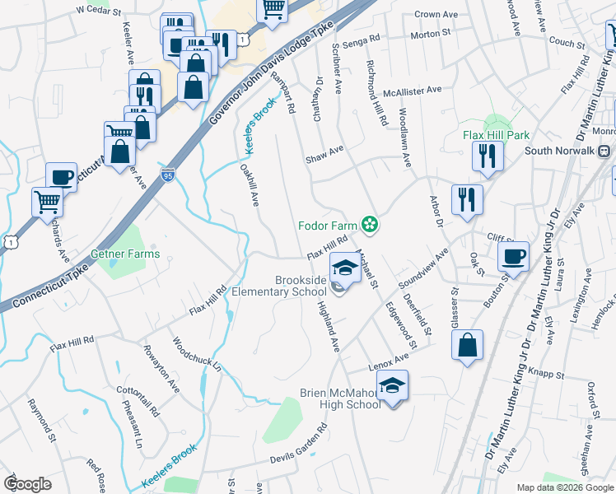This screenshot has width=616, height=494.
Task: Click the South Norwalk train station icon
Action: pos(604,151)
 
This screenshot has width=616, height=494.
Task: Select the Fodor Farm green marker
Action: pos(370,223)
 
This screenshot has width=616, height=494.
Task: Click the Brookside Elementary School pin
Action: pos(344,267)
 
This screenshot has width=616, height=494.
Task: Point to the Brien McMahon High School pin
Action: pos(392,385)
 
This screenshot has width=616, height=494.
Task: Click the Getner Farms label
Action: pos(125,254)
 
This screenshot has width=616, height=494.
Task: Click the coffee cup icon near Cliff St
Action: pos(514,256)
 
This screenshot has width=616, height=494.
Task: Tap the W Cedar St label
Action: pos(98,11)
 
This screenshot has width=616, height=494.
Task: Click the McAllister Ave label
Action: pos(413,90)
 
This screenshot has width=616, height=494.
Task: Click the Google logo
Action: pos(28,484)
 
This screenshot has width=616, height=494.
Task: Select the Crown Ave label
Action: pos(436,15)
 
